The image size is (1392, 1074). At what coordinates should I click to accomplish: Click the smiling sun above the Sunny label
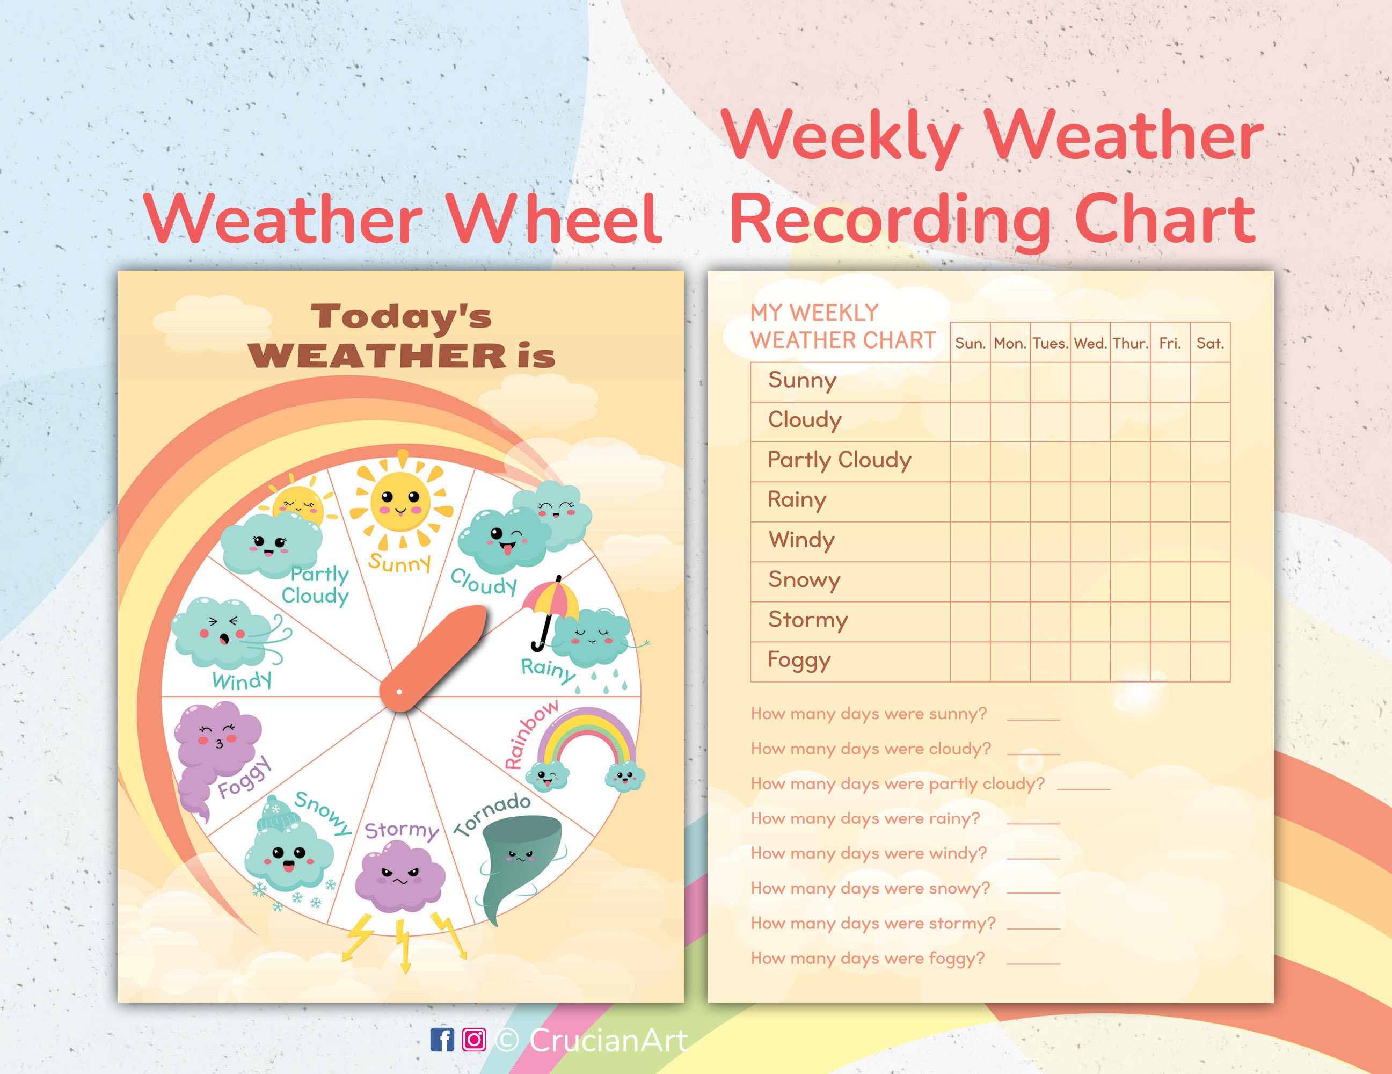tap(399, 501)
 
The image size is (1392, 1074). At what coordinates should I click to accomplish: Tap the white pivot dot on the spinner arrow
tap(399, 692)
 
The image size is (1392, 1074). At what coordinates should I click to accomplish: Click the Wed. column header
tap(1090, 344)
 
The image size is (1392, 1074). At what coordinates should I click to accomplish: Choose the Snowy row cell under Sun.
tap(970, 581)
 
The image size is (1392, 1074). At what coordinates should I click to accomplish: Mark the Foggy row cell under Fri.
tap(1170, 662)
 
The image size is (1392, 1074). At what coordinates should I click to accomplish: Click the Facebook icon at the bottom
tap(442, 1040)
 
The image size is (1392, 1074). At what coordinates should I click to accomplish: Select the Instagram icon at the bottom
tap(473, 1040)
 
